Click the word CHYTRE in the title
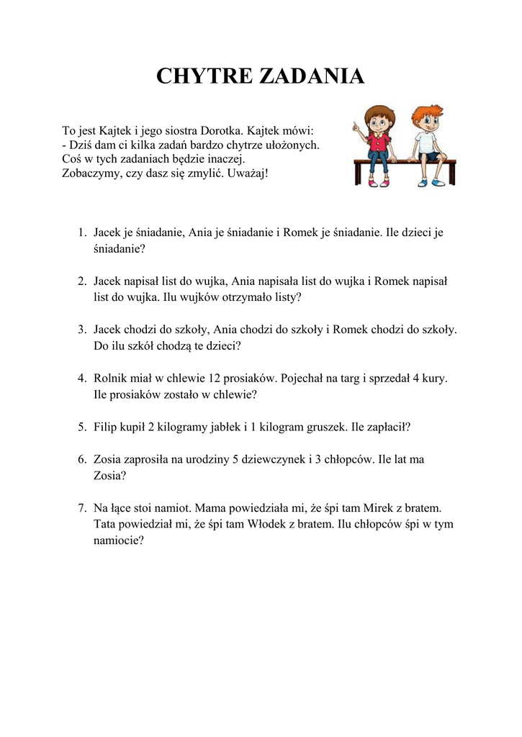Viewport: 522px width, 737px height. (x=199, y=76)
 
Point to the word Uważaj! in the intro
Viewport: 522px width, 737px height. (x=247, y=174)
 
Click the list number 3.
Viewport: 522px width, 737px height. (x=82, y=329)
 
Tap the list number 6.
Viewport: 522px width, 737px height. (x=82, y=459)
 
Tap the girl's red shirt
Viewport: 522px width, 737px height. (x=379, y=142)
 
